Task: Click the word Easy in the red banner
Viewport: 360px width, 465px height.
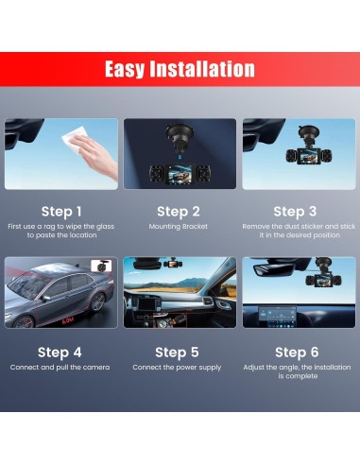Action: tap(125, 69)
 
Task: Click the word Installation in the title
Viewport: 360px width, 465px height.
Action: tap(202, 69)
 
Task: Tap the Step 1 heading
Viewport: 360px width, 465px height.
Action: tap(61, 212)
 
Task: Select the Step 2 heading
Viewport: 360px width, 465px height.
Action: tap(179, 212)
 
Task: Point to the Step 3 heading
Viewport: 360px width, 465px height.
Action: tap(295, 212)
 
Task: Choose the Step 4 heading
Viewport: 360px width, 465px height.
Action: tap(60, 353)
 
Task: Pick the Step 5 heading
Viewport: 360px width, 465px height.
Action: tap(177, 353)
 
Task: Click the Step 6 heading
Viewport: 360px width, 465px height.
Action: tap(297, 353)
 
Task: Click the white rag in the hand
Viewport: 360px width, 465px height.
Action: tap(74, 138)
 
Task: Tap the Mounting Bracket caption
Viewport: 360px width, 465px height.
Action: tap(179, 227)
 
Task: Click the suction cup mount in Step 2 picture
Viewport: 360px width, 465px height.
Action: tap(180, 137)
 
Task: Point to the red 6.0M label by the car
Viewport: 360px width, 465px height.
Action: tap(67, 321)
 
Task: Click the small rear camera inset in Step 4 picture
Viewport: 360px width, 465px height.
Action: tap(101, 266)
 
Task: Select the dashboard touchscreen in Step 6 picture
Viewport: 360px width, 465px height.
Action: tap(278, 316)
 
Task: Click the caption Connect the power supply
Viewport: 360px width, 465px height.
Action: tap(177, 368)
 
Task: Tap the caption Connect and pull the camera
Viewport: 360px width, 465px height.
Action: tap(60, 368)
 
